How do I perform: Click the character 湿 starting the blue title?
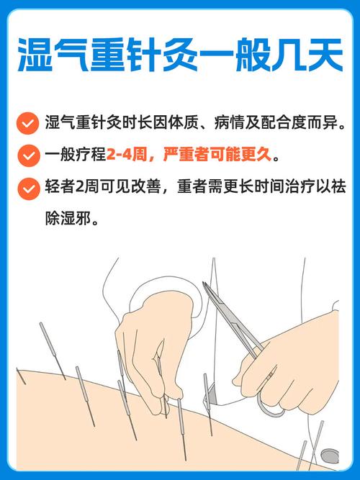pyautogui.click(x=36, y=55)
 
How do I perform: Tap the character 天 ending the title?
pyautogui.click(x=324, y=55)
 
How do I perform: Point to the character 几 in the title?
pyautogui.click(x=283, y=55)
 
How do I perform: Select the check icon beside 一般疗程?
pyautogui.click(x=28, y=155)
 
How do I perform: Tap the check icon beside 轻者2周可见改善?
pyautogui.click(x=28, y=188)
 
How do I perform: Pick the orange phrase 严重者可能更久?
pyautogui.click(x=213, y=155)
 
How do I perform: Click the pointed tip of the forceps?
pyautogui.click(x=204, y=285)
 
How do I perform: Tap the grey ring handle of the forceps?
pyautogui.click(x=271, y=407)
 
